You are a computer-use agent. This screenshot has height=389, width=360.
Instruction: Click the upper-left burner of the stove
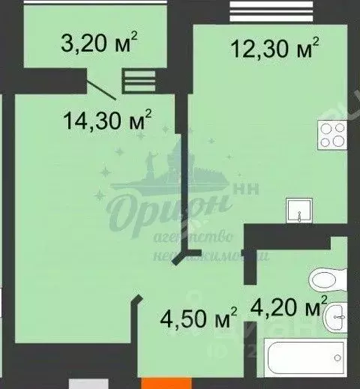pyautogui.click(x=327, y=129)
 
